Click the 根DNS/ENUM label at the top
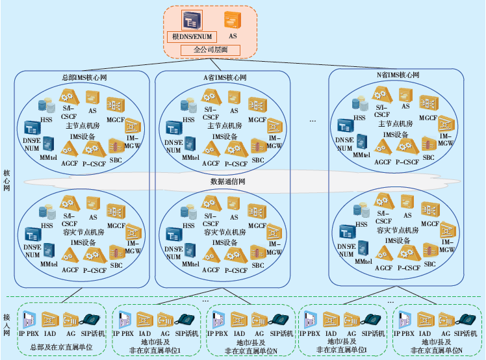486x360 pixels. [193, 37]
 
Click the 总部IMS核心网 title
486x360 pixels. [84, 77]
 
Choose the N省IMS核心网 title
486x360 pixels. [398, 75]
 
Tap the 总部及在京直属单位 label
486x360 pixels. [62, 348]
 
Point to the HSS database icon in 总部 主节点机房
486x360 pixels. [47, 106]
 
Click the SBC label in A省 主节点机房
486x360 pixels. [258, 160]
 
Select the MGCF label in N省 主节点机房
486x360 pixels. [428, 118]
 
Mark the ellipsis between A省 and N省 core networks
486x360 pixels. [313, 121]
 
